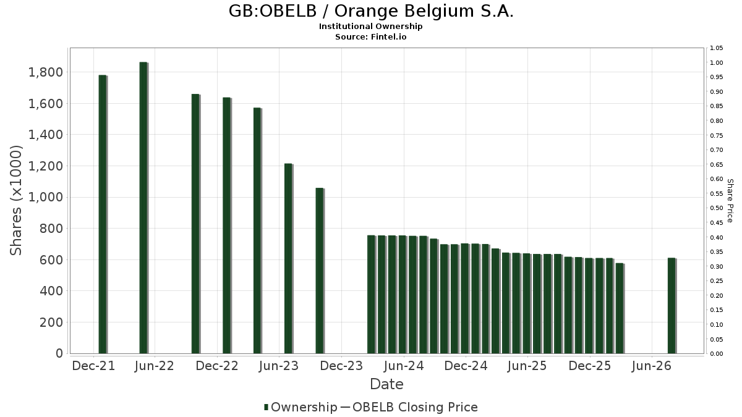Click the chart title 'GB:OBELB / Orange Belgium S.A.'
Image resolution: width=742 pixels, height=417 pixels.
tap(371, 11)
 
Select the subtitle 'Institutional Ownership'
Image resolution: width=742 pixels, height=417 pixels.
tap(370, 27)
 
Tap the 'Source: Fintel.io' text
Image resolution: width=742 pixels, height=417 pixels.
tap(370, 36)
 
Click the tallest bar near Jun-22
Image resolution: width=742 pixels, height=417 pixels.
tap(143, 208)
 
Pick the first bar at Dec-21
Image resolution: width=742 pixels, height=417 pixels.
tap(103, 214)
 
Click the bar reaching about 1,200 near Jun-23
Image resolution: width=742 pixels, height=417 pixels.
tap(289, 258)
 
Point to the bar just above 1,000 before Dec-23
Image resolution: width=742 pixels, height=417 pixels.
tap(320, 271)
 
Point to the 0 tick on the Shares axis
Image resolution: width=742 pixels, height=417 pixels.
tap(59, 353)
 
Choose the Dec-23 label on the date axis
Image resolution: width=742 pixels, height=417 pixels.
tap(341, 366)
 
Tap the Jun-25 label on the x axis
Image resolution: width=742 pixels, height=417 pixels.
tap(527, 366)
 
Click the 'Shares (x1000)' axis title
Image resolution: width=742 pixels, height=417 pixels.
tap(16, 200)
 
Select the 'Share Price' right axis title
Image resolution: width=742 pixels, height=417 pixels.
tap(730, 201)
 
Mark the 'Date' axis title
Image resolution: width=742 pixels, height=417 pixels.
tap(386, 384)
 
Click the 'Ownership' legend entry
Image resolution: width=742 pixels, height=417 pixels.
tap(301, 407)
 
